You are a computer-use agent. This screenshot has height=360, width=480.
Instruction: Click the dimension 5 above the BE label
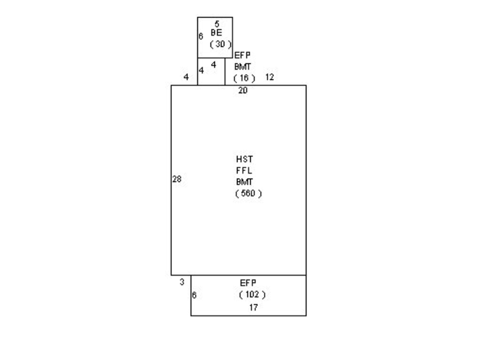point(217,23)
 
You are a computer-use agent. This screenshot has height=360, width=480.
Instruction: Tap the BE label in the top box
point(217,32)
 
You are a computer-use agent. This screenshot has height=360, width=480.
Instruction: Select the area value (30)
point(220,44)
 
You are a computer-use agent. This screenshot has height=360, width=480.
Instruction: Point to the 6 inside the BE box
point(201,37)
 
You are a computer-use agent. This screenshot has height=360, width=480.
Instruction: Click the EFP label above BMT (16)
point(242,55)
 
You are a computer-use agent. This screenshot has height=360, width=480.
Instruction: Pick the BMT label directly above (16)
point(242,67)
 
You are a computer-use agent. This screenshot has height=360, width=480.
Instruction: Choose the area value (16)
point(244,78)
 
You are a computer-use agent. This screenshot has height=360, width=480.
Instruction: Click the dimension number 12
point(270,77)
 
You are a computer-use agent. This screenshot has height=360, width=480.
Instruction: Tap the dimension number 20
point(243,90)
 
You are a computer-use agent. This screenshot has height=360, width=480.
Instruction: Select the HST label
point(244,159)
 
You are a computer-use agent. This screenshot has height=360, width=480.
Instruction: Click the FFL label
point(244,171)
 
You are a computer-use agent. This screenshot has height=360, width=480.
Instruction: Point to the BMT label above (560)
point(244,182)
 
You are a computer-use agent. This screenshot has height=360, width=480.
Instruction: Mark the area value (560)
point(248,194)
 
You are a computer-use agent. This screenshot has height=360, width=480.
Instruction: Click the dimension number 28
point(177,179)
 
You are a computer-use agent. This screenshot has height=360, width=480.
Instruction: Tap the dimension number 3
point(182,282)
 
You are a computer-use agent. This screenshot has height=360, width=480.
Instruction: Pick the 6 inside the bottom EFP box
point(194,295)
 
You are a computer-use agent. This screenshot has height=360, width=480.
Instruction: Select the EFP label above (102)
point(248,283)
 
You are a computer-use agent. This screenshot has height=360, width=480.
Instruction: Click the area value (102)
point(252,294)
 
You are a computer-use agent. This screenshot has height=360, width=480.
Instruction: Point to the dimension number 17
point(253,307)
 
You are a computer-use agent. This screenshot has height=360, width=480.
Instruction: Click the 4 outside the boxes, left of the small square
point(186,77)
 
